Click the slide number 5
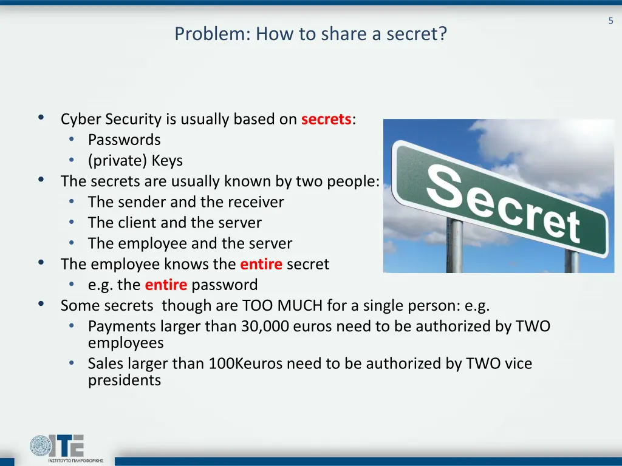click(x=610, y=21)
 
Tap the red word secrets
click(x=326, y=119)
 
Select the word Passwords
click(x=125, y=140)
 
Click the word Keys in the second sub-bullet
click(x=167, y=160)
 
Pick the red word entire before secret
click(x=261, y=264)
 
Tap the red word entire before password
click(x=166, y=285)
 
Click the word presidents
click(x=125, y=380)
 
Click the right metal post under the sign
click(x=571, y=262)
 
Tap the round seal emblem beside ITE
click(x=41, y=446)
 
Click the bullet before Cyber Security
click(x=41, y=118)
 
